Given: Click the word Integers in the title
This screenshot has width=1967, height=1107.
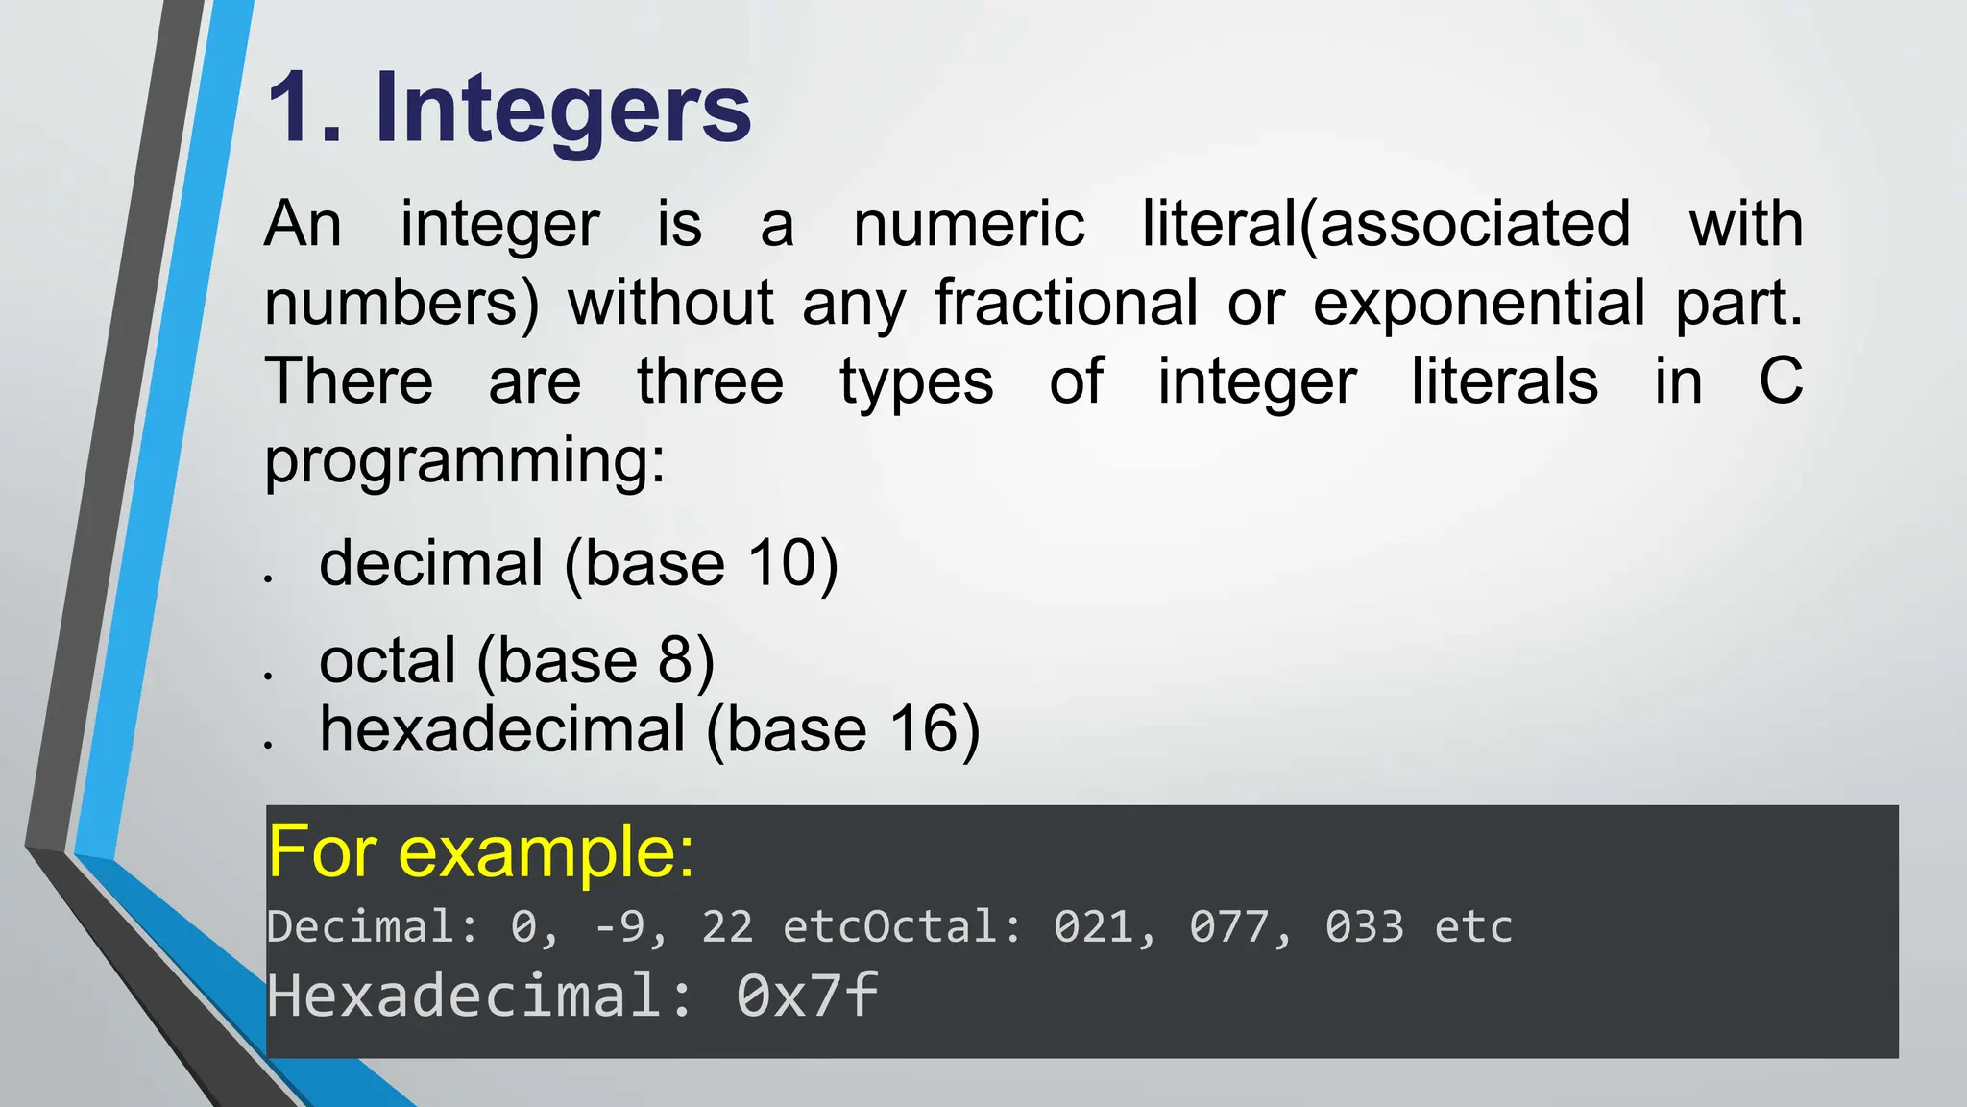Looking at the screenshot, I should tap(563, 110).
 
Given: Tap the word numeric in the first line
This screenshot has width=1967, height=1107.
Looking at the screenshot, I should tap(969, 225).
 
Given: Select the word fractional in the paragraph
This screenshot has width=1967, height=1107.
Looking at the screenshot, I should tap(1066, 304).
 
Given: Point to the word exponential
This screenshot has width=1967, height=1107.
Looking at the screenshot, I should tap(1479, 304).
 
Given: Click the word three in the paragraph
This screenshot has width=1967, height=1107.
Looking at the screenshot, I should tap(711, 381).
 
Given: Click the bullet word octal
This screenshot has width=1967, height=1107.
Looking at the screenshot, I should tap(387, 661).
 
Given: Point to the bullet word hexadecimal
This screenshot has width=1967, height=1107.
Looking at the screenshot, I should tap(502, 729).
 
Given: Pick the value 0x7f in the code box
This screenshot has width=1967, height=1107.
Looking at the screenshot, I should tap(807, 996).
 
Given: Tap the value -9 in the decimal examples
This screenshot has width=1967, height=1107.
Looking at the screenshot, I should tap(619, 927).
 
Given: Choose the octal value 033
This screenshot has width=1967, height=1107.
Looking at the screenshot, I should tap(1365, 927).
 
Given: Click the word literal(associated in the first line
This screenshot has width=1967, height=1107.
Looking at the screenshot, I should tap(1386, 225).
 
